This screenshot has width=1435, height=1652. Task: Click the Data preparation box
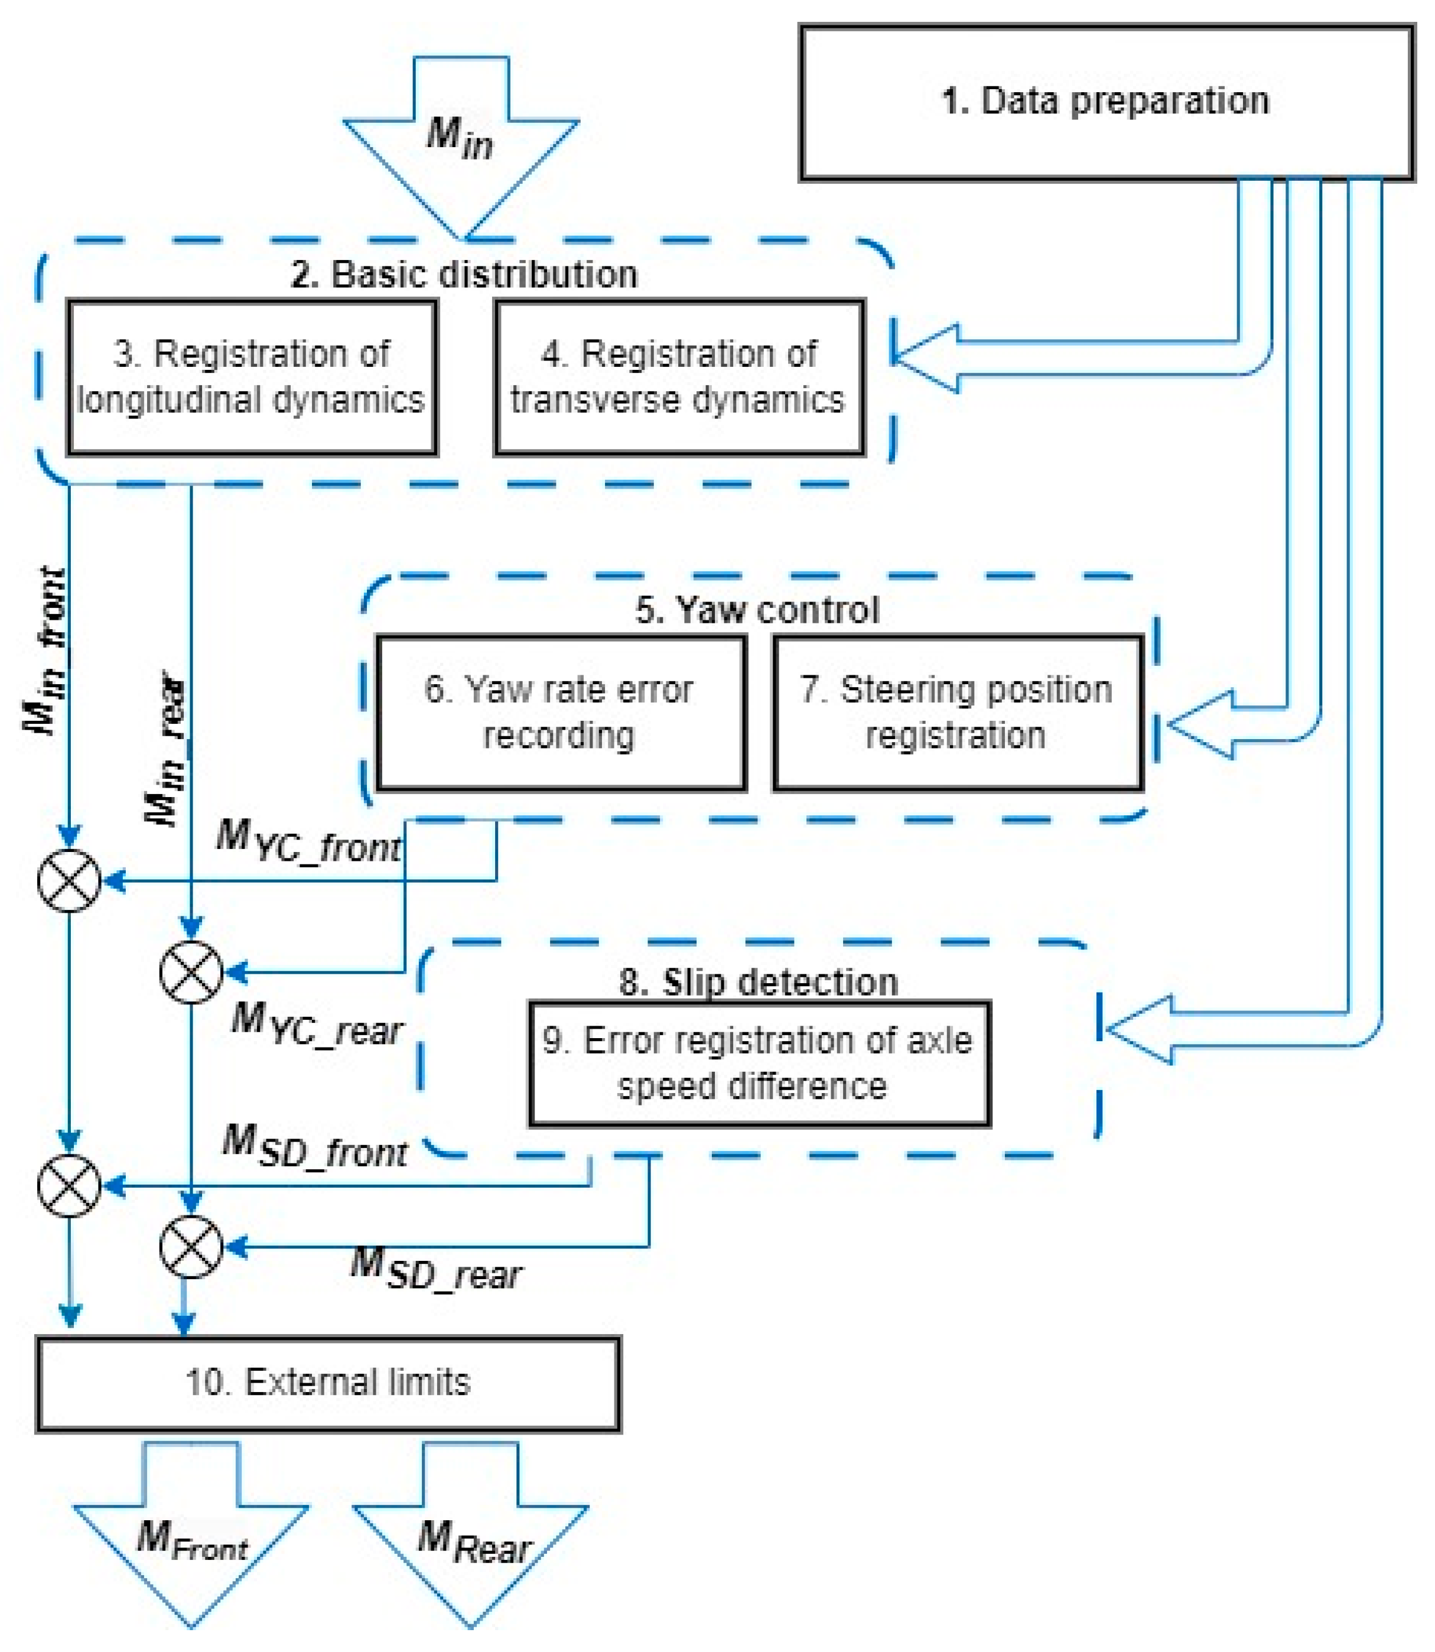[x=1106, y=102]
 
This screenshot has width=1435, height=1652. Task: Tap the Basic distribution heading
[x=464, y=275]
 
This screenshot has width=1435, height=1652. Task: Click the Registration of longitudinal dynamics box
[x=252, y=377]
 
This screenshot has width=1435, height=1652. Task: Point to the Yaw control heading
[x=757, y=610]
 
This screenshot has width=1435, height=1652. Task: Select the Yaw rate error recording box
[x=561, y=713]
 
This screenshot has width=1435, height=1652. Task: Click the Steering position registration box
[x=958, y=713]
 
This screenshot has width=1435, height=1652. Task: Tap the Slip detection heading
[x=759, y=983]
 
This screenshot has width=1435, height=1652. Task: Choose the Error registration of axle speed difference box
[x=759, y=1064]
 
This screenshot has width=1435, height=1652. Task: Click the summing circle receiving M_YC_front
[x=70, y=881]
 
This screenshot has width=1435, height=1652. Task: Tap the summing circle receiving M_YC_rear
[x=191, y=972]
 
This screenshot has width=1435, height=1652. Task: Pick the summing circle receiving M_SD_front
[x=70, y=1186]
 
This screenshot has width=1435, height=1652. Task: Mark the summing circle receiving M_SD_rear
[x=191, y=1247]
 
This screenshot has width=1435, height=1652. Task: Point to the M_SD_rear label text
[x=437, y=1271]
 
